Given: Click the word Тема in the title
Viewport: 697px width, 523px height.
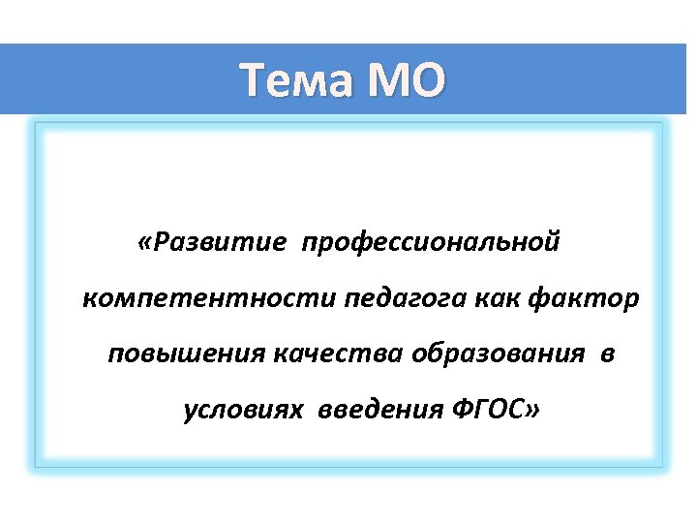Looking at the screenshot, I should click(x=296, y=80).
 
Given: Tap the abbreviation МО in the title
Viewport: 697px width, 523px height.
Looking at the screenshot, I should click(x=406, y=80).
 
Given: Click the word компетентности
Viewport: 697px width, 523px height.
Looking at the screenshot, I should click(x=210, y=298).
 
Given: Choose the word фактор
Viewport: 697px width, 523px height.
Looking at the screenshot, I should click(x=585, y=298).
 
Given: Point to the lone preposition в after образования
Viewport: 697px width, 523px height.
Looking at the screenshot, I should click(x=607, y=355).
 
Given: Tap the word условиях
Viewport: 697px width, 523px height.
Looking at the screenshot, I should click(x=238, y=411).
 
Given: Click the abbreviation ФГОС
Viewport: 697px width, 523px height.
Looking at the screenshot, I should click(x=486, y=411).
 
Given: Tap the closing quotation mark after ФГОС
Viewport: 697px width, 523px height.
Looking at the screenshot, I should click(x=530, y=412).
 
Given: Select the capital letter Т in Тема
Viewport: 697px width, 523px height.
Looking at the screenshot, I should click(x=253, y=80).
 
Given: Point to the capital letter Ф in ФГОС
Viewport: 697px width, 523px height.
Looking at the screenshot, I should click(x=462, y=411).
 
